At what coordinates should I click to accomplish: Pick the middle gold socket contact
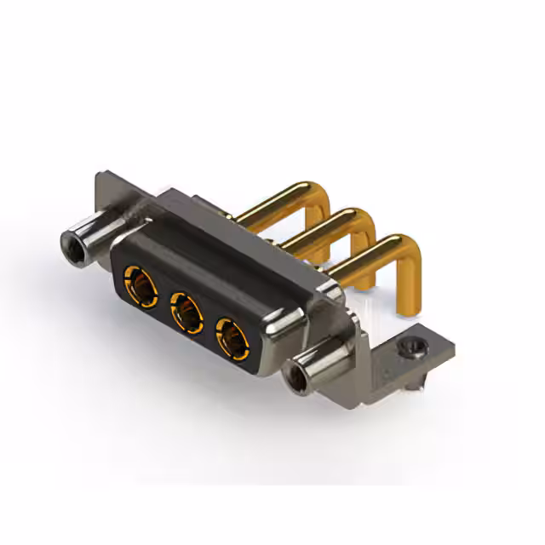pyautogui.click(x=183, y=308)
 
